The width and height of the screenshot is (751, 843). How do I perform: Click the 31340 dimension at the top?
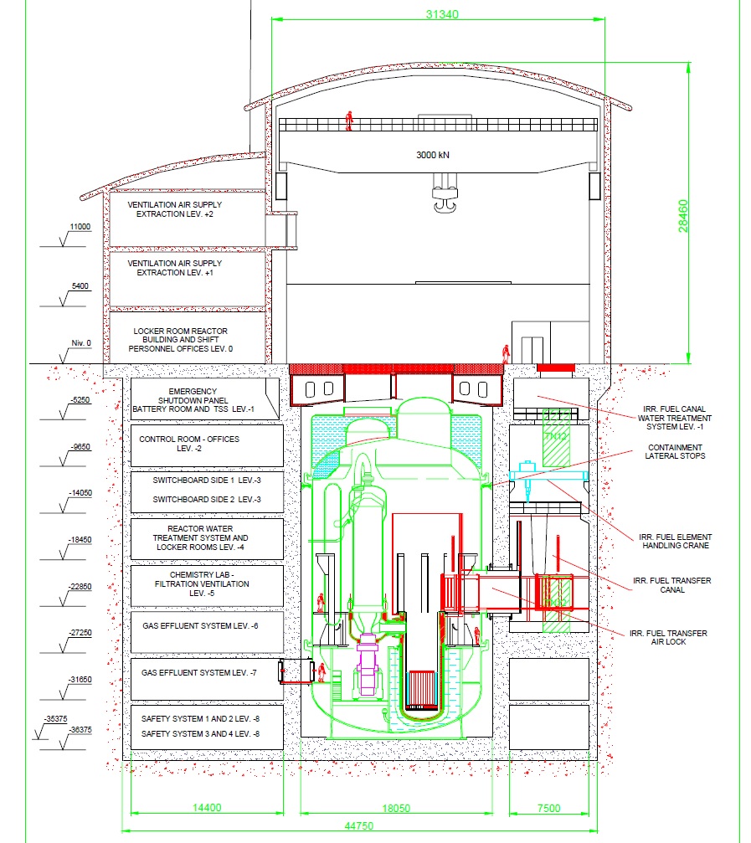click(442, 14)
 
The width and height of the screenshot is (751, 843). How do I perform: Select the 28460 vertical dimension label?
click(682, 216)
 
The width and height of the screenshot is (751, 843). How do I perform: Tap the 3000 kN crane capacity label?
click(433, 155)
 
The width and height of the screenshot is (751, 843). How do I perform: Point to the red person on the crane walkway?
click(349, 121)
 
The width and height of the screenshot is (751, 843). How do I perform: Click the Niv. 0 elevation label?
click(81, 343)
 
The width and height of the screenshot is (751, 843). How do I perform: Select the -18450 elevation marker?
click(80, 540)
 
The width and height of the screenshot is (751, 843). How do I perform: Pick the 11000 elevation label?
click(80, 227)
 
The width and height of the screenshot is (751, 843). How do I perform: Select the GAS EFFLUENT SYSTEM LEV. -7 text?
click(199, 672)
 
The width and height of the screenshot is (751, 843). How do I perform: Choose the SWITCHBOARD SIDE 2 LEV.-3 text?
click(207, 500)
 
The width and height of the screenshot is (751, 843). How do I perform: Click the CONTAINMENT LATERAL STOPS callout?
click(675, 451)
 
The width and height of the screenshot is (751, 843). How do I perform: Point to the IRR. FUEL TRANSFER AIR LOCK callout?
click(668, 638)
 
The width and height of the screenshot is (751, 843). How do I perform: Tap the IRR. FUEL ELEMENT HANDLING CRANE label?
click(675, 542)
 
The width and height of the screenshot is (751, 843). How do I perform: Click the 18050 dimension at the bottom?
click(396, 808)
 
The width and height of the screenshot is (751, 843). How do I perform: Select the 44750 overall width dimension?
click(358, 825)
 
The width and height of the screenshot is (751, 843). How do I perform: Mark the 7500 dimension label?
click(549, 808)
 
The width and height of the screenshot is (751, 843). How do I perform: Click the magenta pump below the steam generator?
click(368, 665)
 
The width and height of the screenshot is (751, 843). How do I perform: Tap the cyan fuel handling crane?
click(548, 475)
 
